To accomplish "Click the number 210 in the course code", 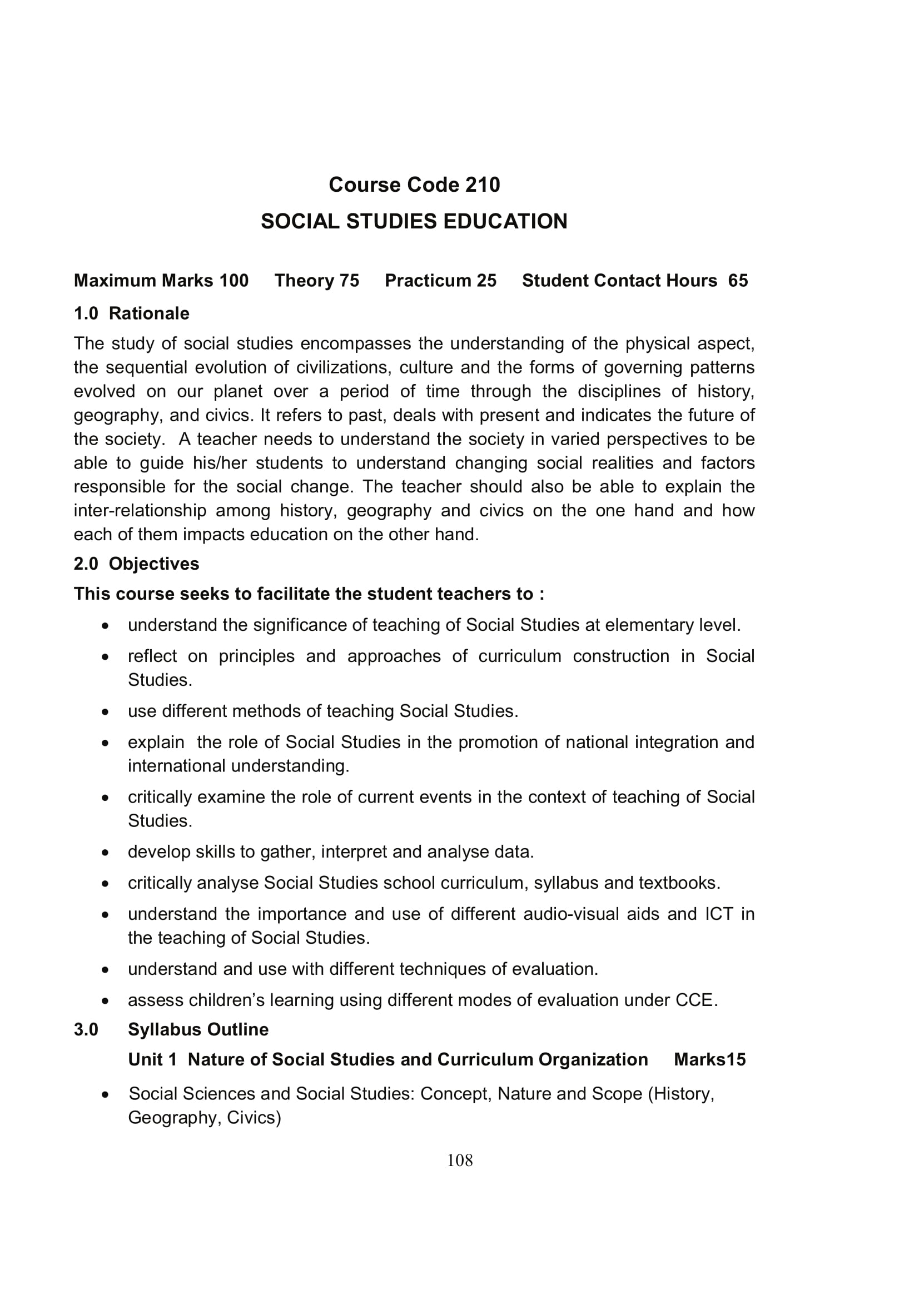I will pyautogui.click(x=483, y=185).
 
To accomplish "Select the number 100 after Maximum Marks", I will pyautogui.click(x=234, y=281).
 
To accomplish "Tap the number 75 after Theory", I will pyautogui.click(x=349, y=281).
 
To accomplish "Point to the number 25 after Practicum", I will pyautogui.click(x=486, y=281).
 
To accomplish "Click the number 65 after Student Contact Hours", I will pyautogui.click(x=738, y=281).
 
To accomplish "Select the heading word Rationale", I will pyautogui.click(x=149, y=313).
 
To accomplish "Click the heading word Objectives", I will pyautogui.click(x=153, y=564).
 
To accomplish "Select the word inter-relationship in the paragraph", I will pyautogui.click(x=140, y=511).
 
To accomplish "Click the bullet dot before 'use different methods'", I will pyautogui.click(x=105, y=712).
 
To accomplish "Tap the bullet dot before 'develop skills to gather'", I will pyautogui.click(x=105, y=853).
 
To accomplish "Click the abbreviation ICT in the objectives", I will pyautogui.click(x=718, y=914).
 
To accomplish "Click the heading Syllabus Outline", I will pyautogui.click(x=198, y=1029).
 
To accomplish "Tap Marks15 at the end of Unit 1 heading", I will pyautogui.click(x=709, y=1060).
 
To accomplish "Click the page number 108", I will pyautogui.click(x=459, y=1160).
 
